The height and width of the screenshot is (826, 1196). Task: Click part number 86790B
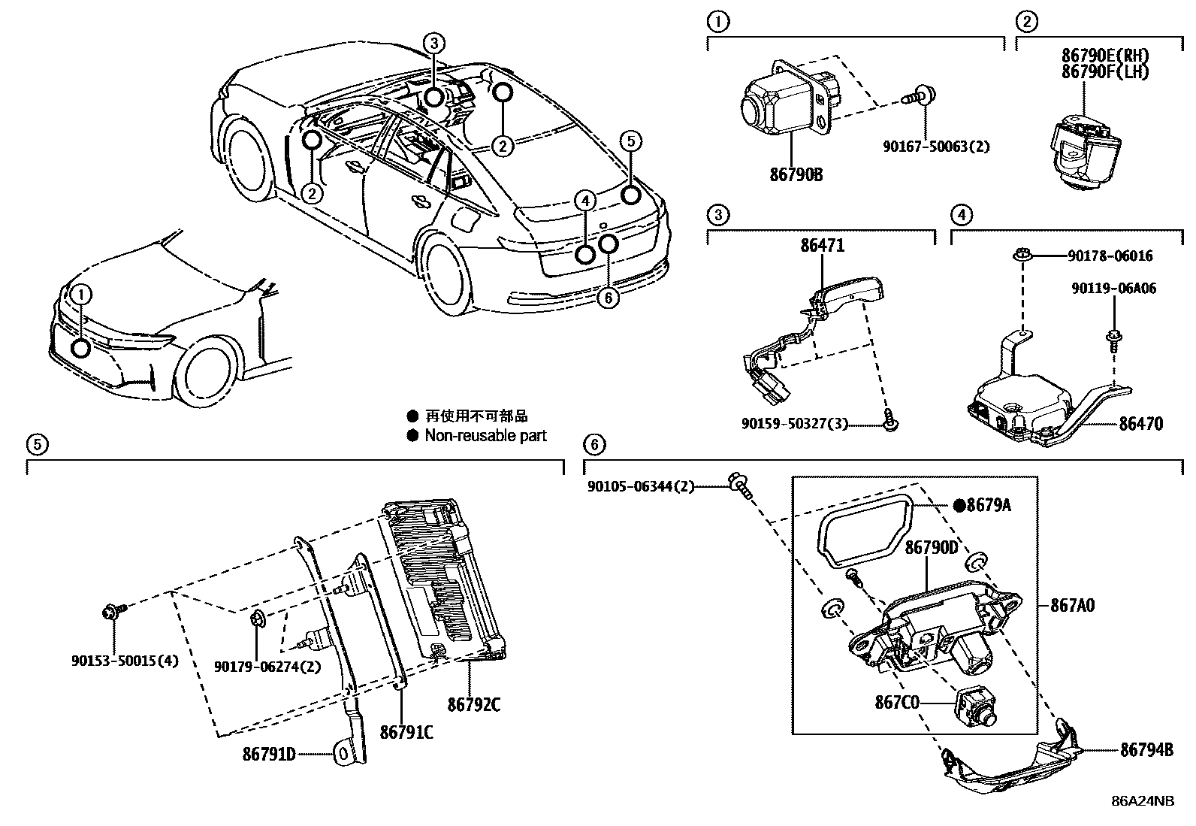pyautogui.click(x=796, y=174)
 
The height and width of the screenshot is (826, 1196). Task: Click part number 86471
pyautogui.click(x=822, y=245)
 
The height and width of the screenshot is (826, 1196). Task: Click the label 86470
pyautogui.click(x=1140, y=424)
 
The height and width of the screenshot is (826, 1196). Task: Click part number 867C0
pyautogui.click(x=896, y=703)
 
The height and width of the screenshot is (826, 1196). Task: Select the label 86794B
pyautogui.click(x=1146, y=749)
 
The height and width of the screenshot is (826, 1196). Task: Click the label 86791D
pyautogui.click(x=268, y=752)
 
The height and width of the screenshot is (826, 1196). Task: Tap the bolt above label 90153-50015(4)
pyautogui.click(x=110, y=613)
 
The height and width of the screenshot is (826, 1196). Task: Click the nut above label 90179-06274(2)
pyautogui.click(x=255, y=619)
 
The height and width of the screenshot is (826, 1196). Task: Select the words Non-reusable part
pyautogui.click(x=485, y=436)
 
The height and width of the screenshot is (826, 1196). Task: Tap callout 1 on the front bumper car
pyautogui.click(x=80, y=293)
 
